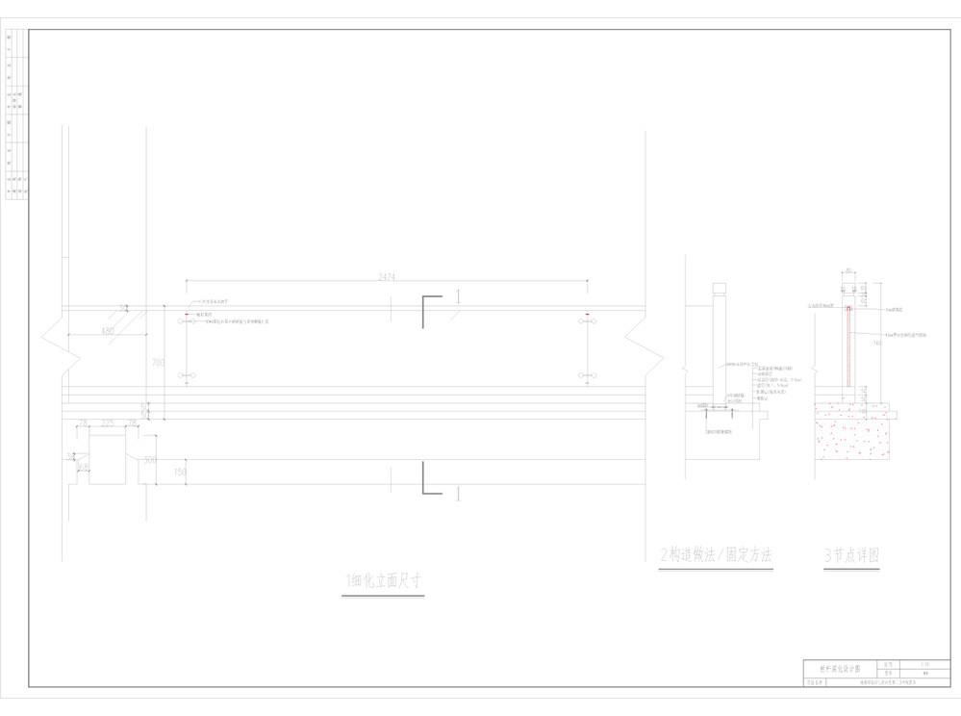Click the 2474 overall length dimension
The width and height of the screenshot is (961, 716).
coord(387,276)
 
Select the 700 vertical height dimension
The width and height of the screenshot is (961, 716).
coord(158,363)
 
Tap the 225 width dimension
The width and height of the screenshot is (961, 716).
coord(108,422)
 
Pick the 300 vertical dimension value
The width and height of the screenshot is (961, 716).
coord(150,460)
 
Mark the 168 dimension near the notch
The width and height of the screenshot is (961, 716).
coord(83,468)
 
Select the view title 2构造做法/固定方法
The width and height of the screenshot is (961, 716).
coord(716,555)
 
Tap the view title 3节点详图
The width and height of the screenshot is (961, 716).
coord(852,555)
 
